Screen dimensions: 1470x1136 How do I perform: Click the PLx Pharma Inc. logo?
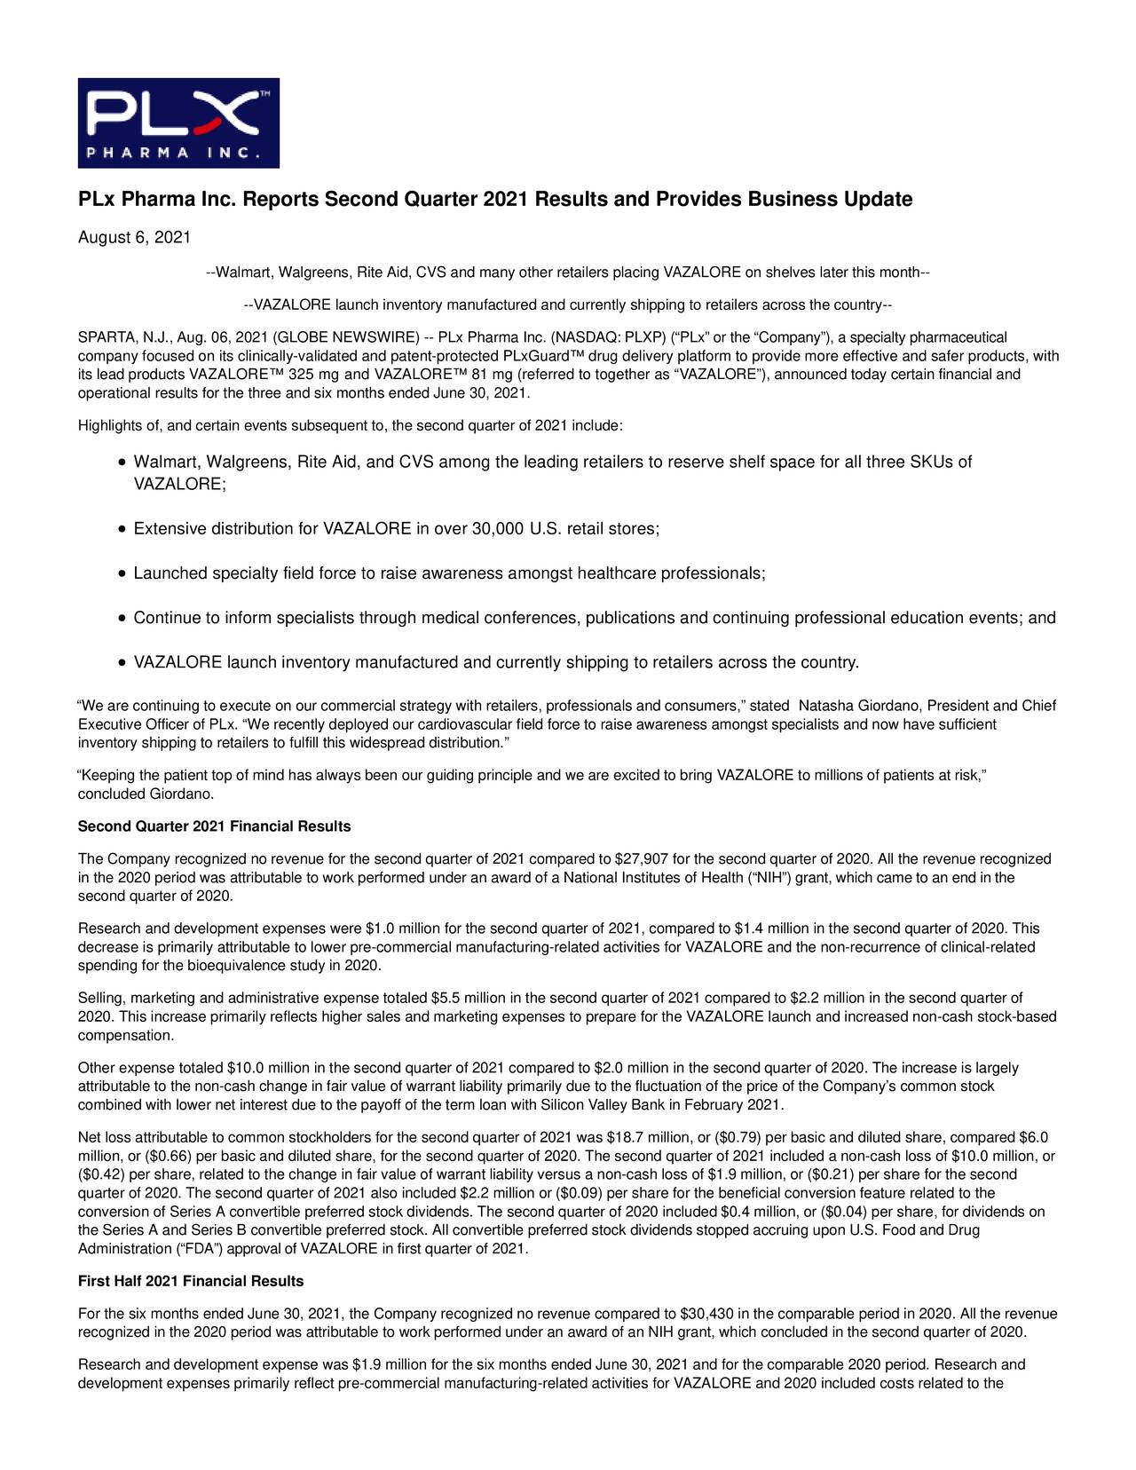point(178,122)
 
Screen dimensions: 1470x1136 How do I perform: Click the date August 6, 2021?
point(134,238)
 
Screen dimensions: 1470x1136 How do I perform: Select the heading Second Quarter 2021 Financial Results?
point(214,826)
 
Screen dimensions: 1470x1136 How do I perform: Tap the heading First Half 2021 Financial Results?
point(191,1281)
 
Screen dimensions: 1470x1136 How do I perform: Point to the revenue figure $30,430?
point(706,1314)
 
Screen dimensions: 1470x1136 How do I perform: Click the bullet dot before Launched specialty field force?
point(122,574)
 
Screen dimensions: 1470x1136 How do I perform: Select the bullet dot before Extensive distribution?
point(122,530)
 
